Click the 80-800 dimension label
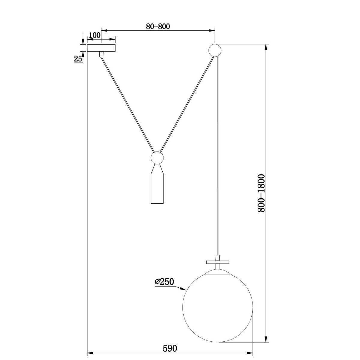pyautogui.click(x=158, y=26)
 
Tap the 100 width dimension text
pyautogui.click(x=95, y=35)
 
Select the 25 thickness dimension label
pyautogui.click(x=78, y=59)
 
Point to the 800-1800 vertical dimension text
pyautogui.click(x=261, y=193)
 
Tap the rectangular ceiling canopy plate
pyautogui.click(x=101, y=48)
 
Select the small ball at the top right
pyautogui.click(x=215, y=50)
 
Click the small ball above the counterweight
pyautogui.click(x=157, y=158)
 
